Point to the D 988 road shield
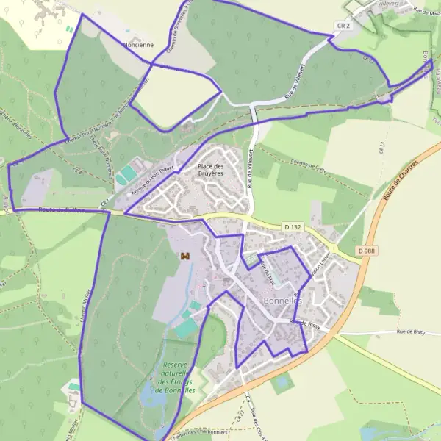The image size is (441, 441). click(370, 251)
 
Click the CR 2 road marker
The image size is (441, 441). click(343, 26)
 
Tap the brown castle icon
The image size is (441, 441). click(185, 256)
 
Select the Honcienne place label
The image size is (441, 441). click(138, 45)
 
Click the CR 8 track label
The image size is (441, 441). click(105, 197)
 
